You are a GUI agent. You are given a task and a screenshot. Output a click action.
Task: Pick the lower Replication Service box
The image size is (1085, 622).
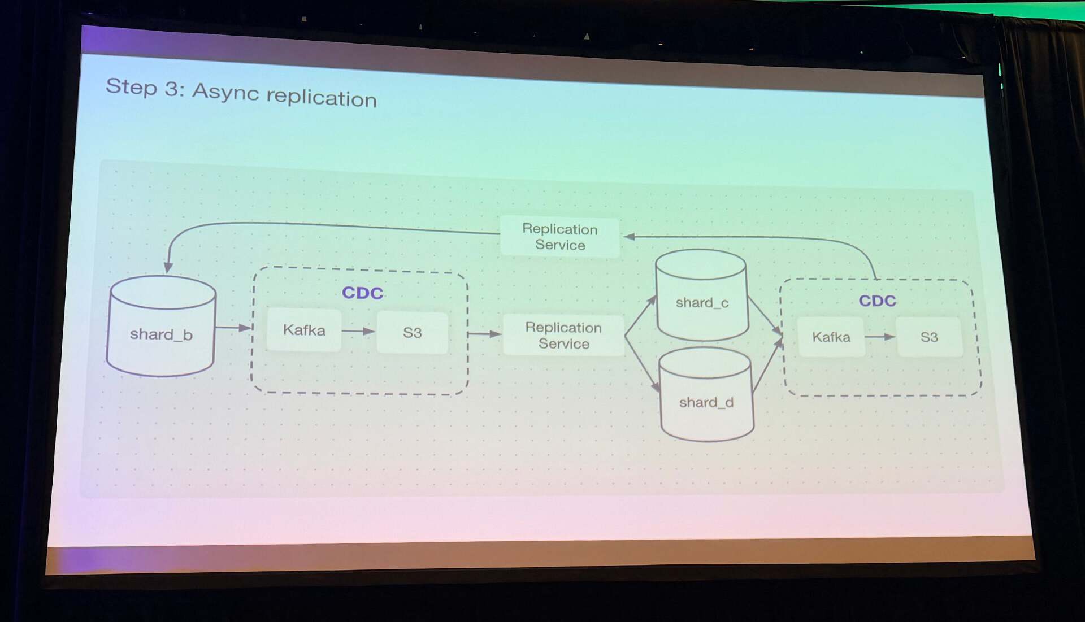click(563, 336)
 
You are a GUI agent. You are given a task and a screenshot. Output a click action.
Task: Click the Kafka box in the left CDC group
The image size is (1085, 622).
click(304, 330)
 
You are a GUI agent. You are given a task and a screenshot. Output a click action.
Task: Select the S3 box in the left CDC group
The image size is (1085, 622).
click(412, 333)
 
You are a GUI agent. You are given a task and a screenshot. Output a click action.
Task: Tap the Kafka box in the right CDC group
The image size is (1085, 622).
click(831, 337)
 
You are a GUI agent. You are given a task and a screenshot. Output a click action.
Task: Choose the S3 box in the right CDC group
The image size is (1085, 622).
click(929, 337)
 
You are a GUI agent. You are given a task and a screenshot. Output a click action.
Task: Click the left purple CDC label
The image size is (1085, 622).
click(362, 293)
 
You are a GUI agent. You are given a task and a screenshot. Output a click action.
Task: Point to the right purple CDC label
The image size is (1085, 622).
click(877, 301)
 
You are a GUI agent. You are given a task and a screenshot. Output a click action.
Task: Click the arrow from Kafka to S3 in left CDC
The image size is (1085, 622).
click(358, 331)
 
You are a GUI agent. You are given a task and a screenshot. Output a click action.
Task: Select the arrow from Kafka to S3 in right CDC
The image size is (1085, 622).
click(880, 337)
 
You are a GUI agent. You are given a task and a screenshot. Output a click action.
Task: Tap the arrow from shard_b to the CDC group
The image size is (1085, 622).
click(233, 328)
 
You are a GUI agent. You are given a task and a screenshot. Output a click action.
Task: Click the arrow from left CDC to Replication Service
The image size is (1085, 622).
click(485, 334)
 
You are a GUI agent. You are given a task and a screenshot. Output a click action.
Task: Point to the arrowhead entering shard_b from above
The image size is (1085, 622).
click(168, 267)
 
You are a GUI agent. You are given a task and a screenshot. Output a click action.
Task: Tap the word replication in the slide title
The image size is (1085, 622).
click(321, 98)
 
